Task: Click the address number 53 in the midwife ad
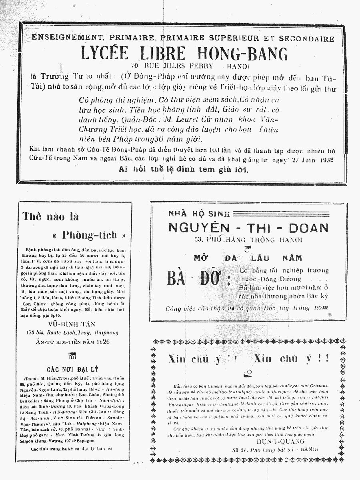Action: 197,240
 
